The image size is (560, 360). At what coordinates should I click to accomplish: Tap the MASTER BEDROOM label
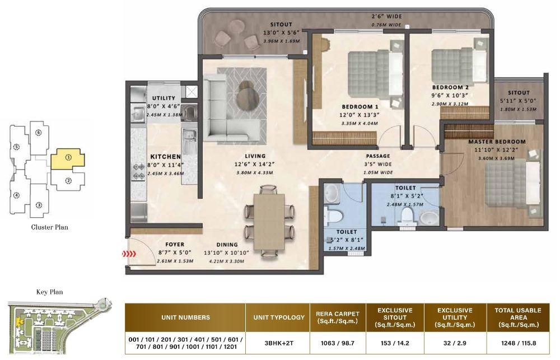click(x=497, y=142)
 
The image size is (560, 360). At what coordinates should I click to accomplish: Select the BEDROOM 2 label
click(x=450, y=87)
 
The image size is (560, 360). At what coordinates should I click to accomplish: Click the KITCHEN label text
click(x=165, y=157)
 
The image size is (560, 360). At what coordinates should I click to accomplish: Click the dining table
click(x=269, y=221)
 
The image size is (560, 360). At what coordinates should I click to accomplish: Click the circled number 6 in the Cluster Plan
click(x=38, y=133)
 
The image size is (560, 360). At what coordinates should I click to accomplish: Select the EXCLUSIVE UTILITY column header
click(x=454, y=317)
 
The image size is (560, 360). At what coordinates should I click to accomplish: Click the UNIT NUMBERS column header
click(x=185, y=317)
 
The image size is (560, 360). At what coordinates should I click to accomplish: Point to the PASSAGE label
click(x=378, y=156)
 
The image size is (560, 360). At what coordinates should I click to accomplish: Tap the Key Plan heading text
click(x=49, y=292)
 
